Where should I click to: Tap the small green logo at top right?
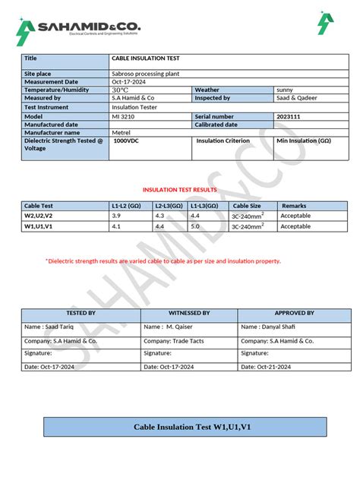(x=325, y=24)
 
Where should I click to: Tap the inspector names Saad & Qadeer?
(x=297, y=98)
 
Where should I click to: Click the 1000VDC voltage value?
(x=127, y=141)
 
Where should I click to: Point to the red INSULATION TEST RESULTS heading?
(x=179, y=190)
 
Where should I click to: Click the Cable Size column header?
(x=247, y=206)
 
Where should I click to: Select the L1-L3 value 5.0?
(x=195, y=226)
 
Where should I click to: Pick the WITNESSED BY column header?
(x=189, y=313)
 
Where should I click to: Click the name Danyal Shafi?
(x=268, y=327)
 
